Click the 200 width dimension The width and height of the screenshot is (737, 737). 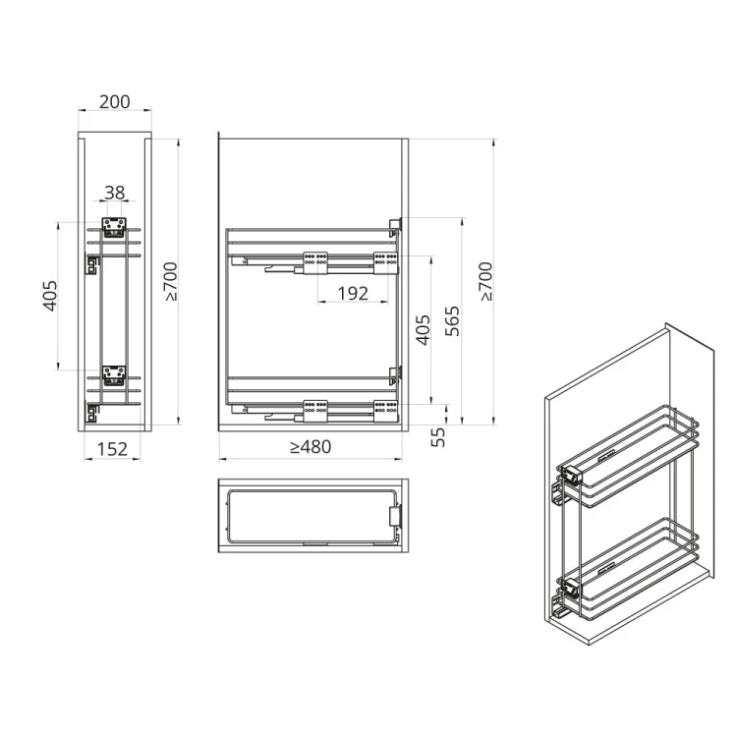[x=114, y=102]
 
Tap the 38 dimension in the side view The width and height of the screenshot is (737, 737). [x=115, y=194]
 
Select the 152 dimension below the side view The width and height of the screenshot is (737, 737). [x=113, y=449]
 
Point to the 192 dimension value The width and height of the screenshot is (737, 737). [x=352, y=293]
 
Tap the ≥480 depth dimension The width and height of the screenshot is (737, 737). [x=311, y=447]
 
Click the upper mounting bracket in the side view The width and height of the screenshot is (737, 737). [x=114, y=226]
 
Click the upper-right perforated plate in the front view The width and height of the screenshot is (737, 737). [x=384, y=260]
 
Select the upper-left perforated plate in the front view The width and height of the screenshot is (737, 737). [x=315, y=260]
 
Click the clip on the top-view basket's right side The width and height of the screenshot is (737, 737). [x=396, y=516]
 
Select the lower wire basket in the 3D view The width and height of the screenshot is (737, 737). [x=629, y=570]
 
